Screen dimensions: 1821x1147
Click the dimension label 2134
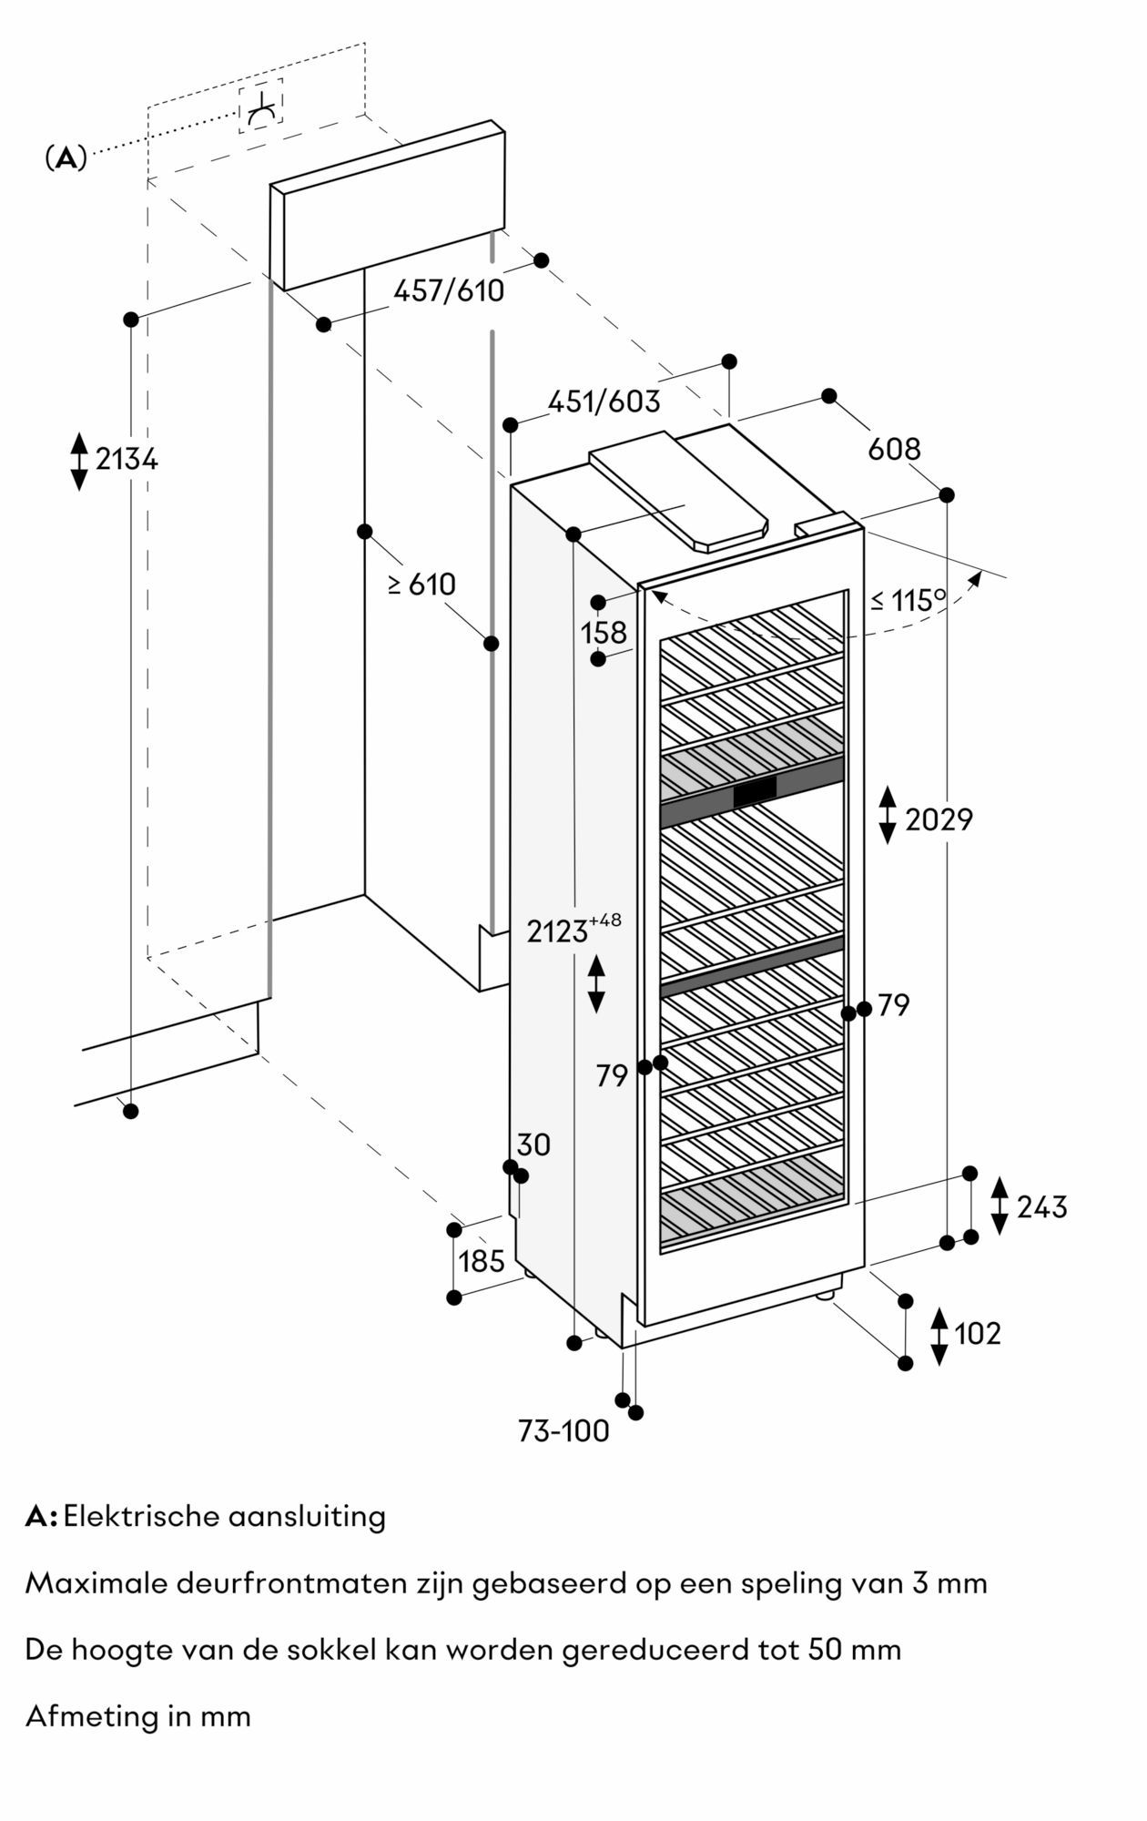coord(127,460)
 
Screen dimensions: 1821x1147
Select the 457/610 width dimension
coord(448,291)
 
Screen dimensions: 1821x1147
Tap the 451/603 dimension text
coord(604,402)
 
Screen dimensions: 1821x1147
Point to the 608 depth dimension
coord(894,449)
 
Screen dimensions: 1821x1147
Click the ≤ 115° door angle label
coord(908,601)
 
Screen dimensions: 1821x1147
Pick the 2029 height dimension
coord(939,820)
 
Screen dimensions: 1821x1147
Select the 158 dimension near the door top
coord(604,632)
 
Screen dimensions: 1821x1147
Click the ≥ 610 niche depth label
coord(421,585)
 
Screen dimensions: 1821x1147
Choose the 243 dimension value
coord(1041,1207)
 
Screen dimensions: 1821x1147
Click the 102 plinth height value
coord(977,1334)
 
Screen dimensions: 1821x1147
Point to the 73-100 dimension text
coord(563,1432)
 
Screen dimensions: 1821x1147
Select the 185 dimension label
coord(482,1261)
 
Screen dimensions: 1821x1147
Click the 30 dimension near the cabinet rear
coord(533,1144)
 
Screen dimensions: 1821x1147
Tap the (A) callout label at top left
coord(66,158)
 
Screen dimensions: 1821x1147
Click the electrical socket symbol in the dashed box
coord(261,107)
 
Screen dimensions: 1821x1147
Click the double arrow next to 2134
coord(79,462)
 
